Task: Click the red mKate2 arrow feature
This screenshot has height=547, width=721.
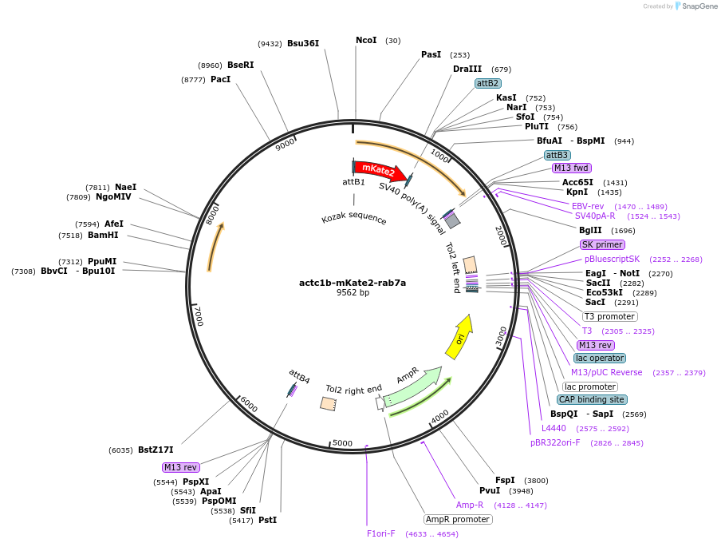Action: coord(380,169)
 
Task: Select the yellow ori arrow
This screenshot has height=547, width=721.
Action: coord(460,336)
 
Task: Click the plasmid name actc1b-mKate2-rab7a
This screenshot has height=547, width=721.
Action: coord(353,282)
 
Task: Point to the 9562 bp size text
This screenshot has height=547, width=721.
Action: coord(353,293)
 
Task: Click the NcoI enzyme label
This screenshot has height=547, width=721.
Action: coord(366,40)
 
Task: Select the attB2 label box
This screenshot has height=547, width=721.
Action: coord(487,83)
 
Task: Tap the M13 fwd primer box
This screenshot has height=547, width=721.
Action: coord(572,168)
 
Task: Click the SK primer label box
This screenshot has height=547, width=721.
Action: coord(602,244)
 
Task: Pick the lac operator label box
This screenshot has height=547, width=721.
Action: coord(600,358)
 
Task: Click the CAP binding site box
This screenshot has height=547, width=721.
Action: coord(592,399)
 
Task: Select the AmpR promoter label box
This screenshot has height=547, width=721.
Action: coord(458,519)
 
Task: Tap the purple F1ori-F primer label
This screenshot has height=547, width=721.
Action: coord(381,533)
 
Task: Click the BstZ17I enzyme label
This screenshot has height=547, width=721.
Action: coord(156,450)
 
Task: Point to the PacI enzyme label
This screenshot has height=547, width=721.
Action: coord(220,79)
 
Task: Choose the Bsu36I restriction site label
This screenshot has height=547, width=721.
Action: coord(303,43)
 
